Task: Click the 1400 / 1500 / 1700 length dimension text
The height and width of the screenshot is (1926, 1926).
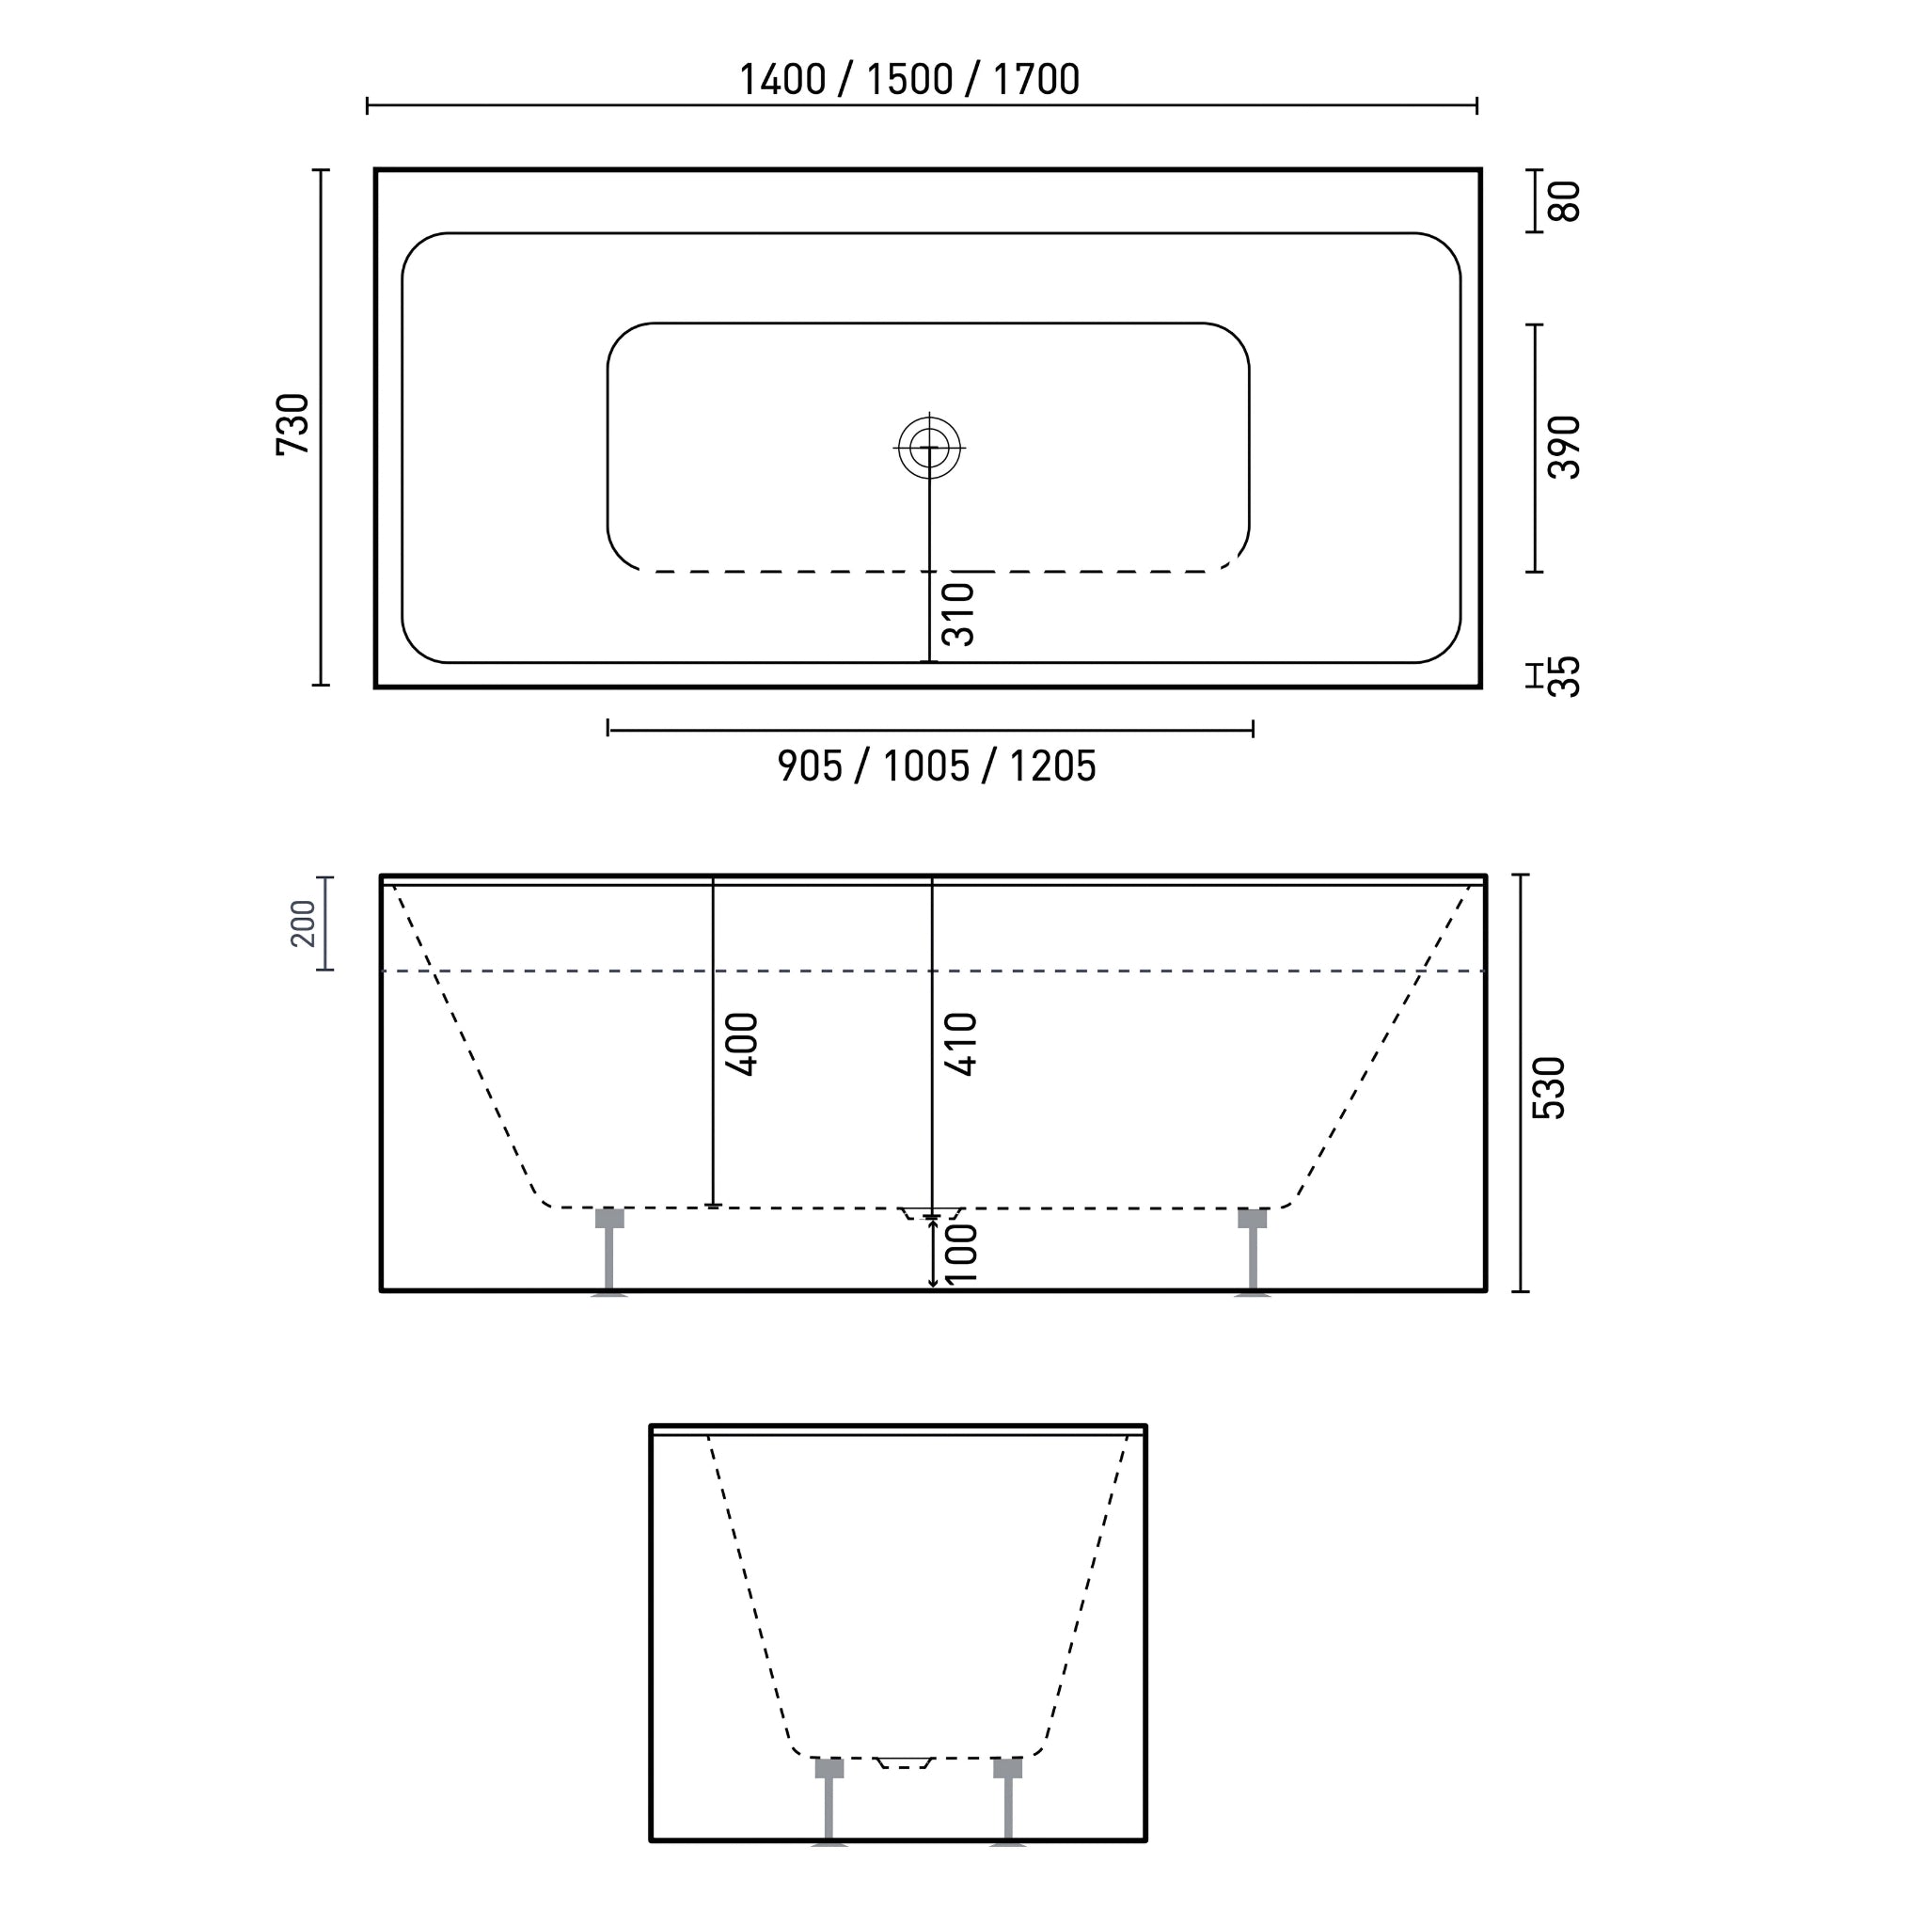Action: [x=908, y=80]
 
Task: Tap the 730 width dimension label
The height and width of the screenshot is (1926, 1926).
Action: [x=293, y=425]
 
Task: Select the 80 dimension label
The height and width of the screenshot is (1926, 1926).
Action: [x=1564, y=200]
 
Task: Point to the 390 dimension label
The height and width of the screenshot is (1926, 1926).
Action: [x=1564, y=448]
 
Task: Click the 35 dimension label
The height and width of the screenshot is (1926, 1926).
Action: [x=1564, y=676]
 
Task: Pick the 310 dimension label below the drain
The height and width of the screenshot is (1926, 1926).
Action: [x=958, y=614]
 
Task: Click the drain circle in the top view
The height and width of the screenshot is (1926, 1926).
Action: [x=929, y=448]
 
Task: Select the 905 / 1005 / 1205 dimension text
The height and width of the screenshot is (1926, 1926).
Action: [x=936, y=766]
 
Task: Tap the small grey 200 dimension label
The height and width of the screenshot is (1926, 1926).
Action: [x=303, y=924]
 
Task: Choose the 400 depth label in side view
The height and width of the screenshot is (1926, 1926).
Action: [x=742, y=1044]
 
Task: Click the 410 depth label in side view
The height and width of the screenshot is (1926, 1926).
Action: [x=961, y=1044]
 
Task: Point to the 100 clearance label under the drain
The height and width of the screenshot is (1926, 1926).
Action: [x=961, y=1253]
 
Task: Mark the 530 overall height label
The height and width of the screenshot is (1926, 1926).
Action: [x=1549, y=1088]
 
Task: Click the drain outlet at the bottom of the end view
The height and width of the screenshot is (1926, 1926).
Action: [x=903, y=1763]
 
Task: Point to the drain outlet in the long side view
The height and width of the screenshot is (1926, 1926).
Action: [x=929, y=1213]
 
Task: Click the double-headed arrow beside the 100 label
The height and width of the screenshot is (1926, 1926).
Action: [x=933, y=1252]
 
